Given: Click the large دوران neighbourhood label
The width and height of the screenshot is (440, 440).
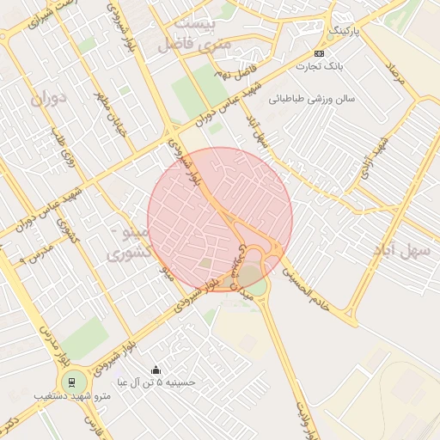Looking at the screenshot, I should coord(48,99).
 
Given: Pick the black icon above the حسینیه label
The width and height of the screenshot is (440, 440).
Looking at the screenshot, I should coord(155,370).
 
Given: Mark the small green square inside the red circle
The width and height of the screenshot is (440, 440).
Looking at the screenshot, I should coord(205,262).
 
